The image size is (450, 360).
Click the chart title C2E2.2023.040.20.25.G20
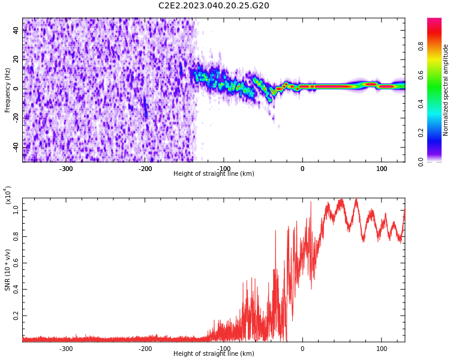(214, 6)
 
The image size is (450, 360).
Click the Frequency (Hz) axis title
(8, 90)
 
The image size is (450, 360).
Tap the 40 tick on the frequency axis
(16, 31)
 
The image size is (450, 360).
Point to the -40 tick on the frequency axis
(14, 146)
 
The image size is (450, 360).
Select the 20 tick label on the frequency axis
(16, 60)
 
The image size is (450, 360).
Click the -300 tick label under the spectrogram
(66, 169)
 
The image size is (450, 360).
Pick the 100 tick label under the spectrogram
(382, 169)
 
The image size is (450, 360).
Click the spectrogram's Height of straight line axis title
(214, 174)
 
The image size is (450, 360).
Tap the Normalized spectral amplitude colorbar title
(446, 90)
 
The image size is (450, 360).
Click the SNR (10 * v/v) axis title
(8, 270)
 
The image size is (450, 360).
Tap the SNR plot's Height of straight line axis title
(214, 354)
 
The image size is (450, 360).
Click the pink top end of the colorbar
(434, 21)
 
